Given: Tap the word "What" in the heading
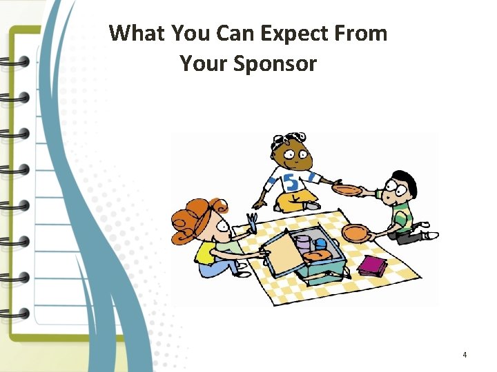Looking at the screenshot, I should (x=137, y=33).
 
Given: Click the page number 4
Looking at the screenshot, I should (x=465, y=355).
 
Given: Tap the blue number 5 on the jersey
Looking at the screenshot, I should (x=293, y=183).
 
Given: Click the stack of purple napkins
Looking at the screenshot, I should (x=373, y=265).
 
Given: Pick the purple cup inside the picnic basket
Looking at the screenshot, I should (x=302, y=242).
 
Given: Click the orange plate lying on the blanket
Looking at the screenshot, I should (x=356, y=233).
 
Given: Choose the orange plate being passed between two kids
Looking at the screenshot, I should (x=347, y=189).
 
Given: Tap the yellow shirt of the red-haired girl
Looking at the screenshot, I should (x=206, y=251).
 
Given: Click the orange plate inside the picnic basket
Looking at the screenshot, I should (x=317, y=256).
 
